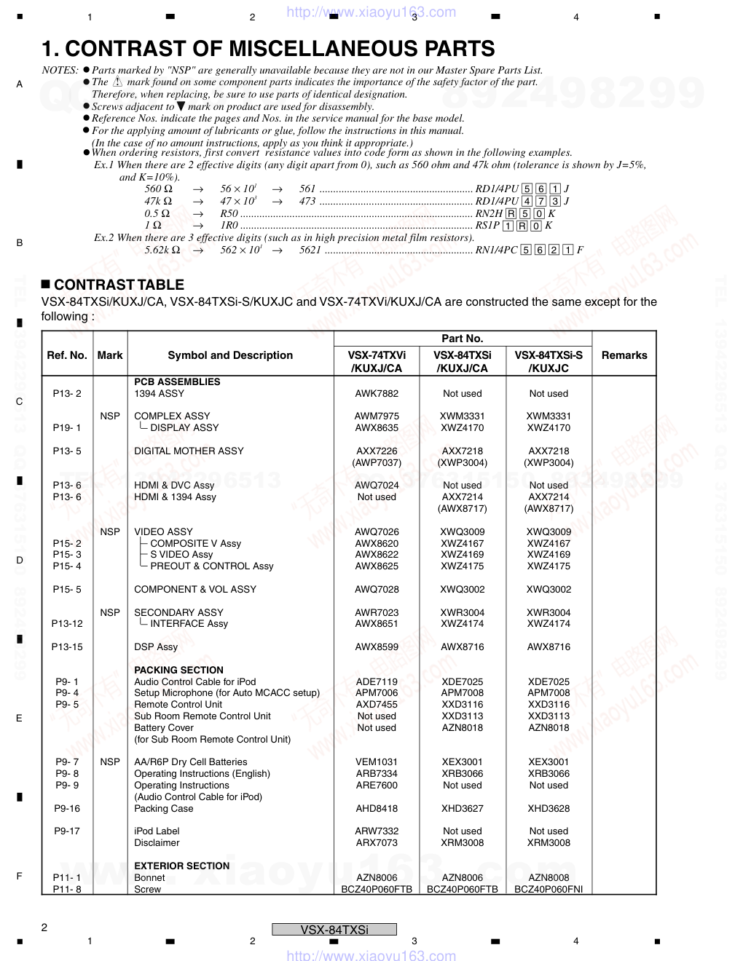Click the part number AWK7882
377,394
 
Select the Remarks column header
624,355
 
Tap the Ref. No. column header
67,355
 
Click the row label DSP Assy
156,647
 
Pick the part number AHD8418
377,809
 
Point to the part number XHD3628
549,809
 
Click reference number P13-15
67,647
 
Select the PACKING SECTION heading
178,670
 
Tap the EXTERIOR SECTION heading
181,866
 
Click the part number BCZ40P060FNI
549,890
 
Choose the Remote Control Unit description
178,705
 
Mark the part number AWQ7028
377,590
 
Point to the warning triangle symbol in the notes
118,82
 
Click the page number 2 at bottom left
44,928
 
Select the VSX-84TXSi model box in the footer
334,930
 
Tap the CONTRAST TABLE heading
119,285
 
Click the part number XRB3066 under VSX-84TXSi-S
549,774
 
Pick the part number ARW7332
377,831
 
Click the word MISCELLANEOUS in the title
311,49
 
